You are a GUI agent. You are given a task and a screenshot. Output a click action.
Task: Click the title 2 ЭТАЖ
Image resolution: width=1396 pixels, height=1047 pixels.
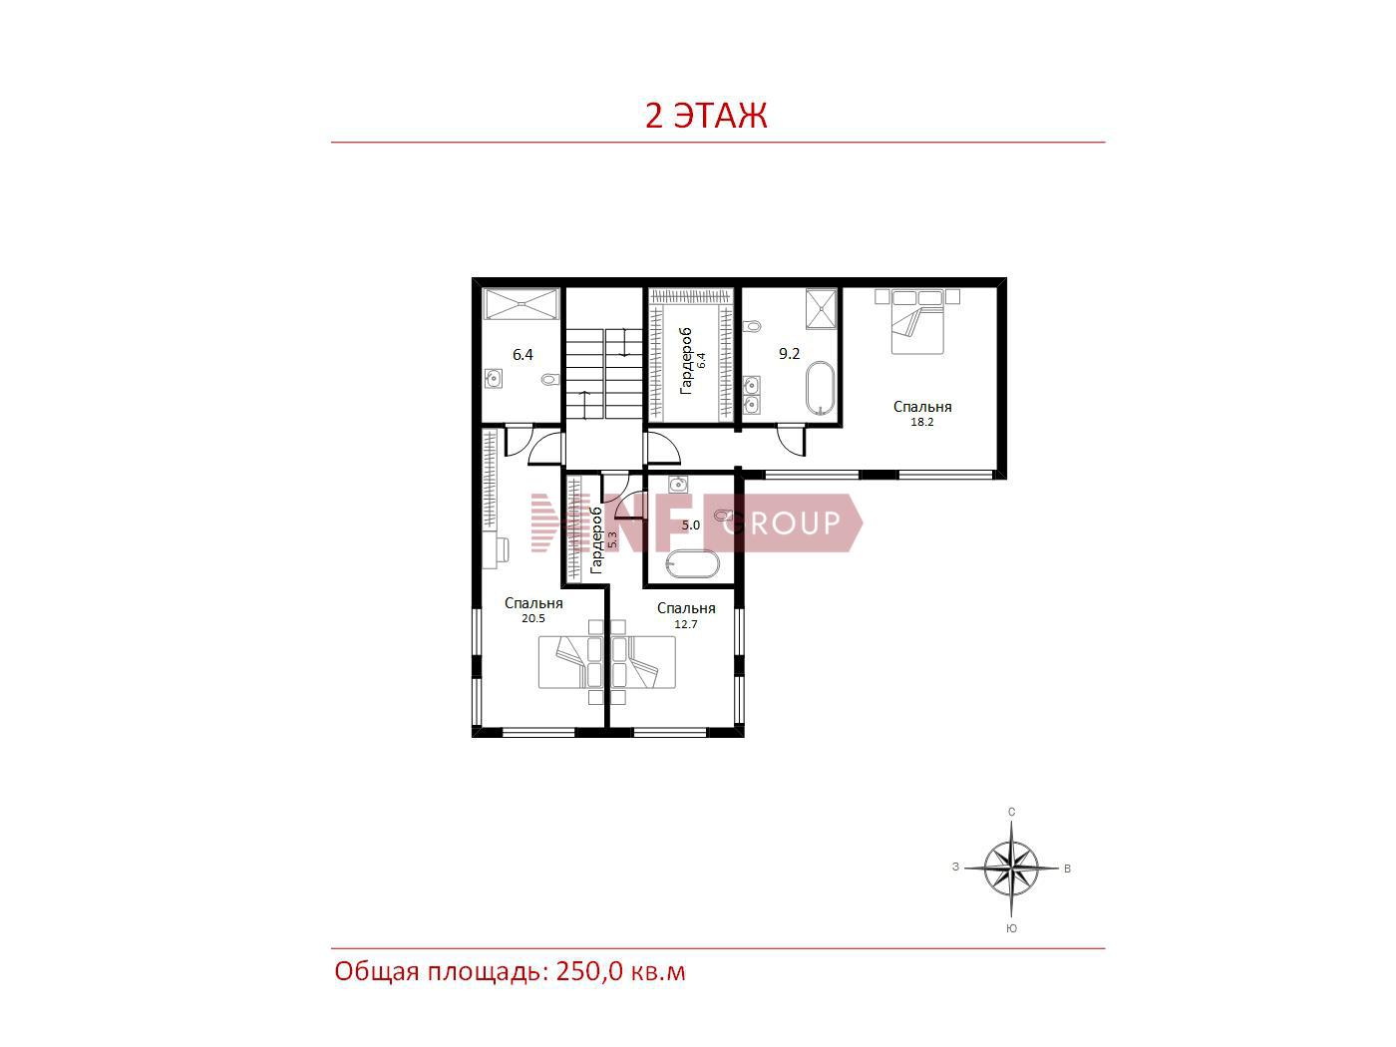pyautogui.click(x=706, y=116)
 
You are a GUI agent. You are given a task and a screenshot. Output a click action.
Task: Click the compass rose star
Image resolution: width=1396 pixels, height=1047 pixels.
pyautogui.click(x=1010, y=868)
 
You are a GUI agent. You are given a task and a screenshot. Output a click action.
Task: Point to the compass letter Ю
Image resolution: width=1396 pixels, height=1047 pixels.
pyautogui.click(x=1011, y=928)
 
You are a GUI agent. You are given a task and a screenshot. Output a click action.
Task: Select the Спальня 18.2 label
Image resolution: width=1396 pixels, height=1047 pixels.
pyautogui.click(x=921, y=413)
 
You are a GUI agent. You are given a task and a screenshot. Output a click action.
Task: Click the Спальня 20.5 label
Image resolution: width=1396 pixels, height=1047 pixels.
pyautogui.click(x=532, y=609)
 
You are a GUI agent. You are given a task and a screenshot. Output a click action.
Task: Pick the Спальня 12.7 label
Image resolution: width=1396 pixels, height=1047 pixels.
pyautogui.click(x=686, y=614)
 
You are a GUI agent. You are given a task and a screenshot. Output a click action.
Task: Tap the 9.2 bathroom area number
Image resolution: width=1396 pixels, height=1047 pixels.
pyautogui.click(x=789, y=353)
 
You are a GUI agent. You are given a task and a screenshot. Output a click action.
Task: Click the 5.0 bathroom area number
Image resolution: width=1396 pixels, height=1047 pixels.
pyautogui.click(x=691, y=525)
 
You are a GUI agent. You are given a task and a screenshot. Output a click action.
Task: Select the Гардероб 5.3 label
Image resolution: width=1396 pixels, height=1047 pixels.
pyautogui.click(x=603, y=540)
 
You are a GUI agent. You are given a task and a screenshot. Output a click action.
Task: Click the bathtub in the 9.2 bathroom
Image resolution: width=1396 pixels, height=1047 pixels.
pyautogui.click(x=820, y=389)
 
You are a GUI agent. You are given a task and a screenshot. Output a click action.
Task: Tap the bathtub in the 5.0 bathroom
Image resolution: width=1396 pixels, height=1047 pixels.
pyautogui.click(x=692, y=563)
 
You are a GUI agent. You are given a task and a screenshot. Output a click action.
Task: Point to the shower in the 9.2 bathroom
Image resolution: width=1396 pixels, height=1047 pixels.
pyautogui.click(x=821, y=308)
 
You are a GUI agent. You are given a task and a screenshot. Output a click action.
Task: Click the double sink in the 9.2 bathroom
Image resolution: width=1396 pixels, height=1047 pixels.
pyautogui.click(x=751, y=395)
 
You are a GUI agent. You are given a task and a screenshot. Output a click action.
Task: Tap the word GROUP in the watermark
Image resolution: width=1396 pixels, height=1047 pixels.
pyautogui.click(x=781, y=523)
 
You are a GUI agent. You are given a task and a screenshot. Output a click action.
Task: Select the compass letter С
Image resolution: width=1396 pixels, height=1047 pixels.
pyautogui.click(x=1011, y=812)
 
